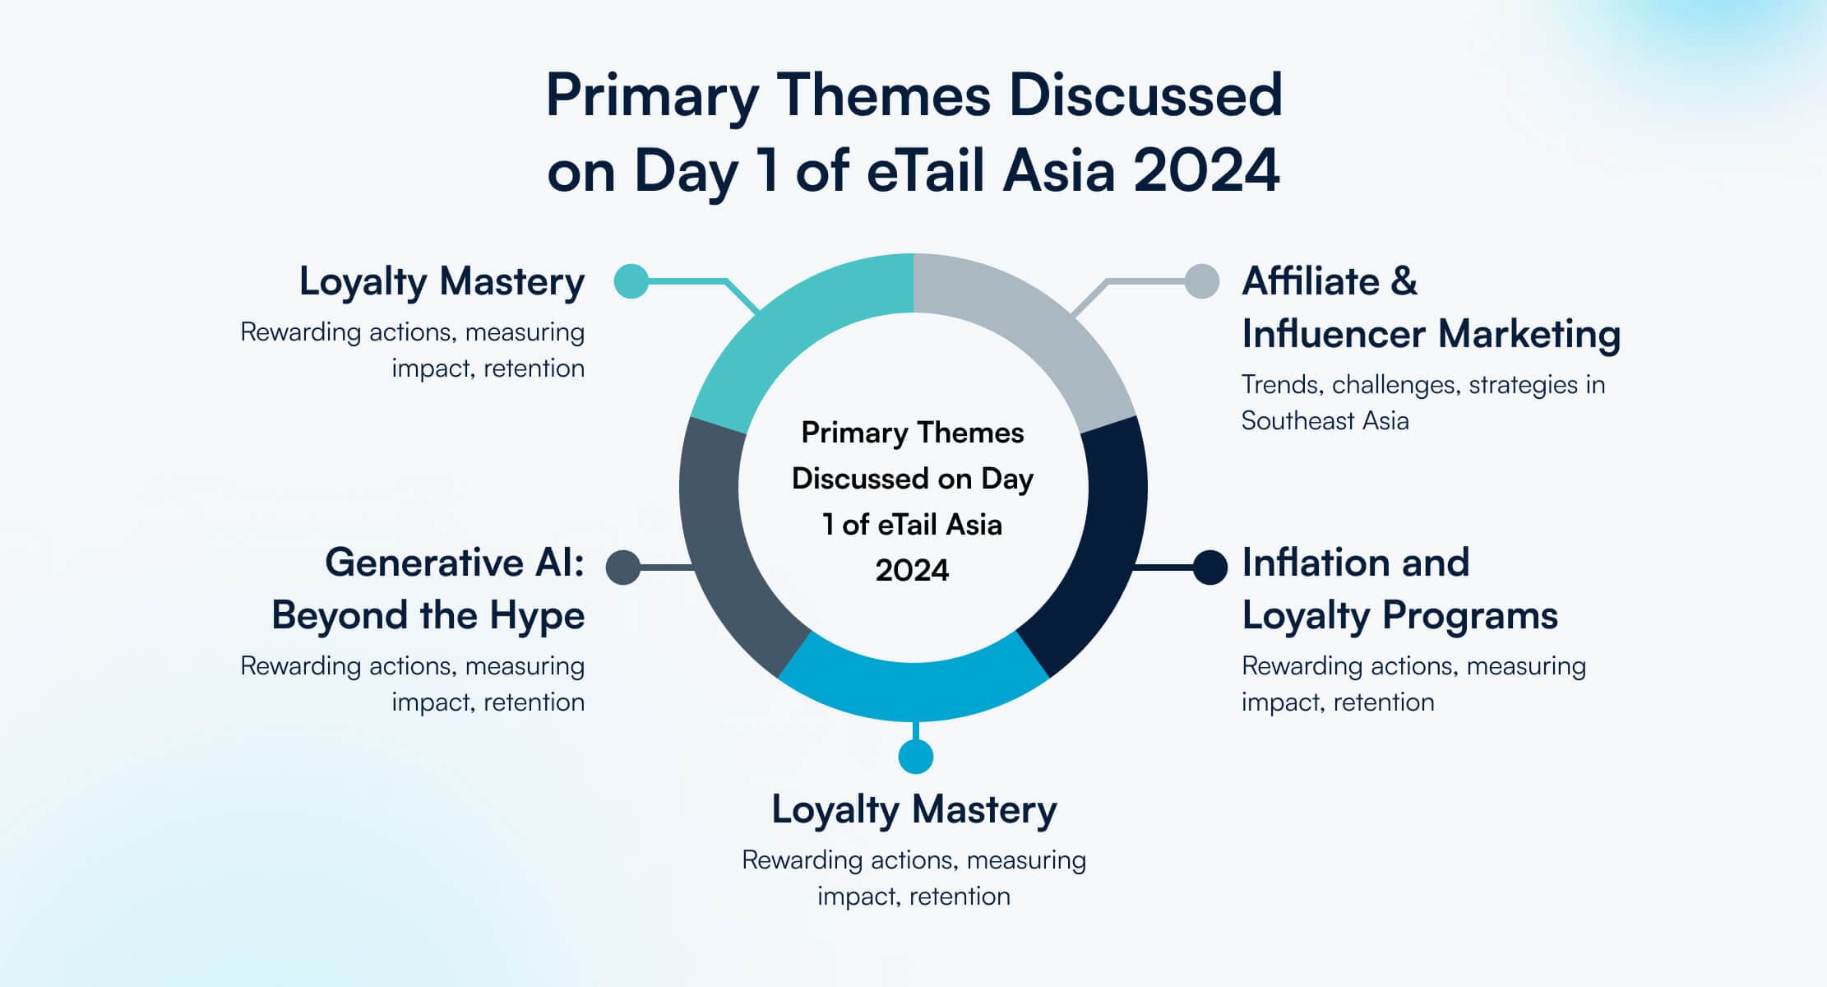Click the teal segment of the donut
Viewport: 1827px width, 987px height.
tap(781, 329)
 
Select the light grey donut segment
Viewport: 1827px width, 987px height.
tap(1044, 329)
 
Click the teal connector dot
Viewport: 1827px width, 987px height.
tap(631, 281)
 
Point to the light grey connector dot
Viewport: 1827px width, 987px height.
tap(1201, 281)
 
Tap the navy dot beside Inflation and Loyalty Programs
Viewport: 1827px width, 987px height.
tap(1210, 567)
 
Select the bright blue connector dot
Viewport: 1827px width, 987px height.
tap(915, 757)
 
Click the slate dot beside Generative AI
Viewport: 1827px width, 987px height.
tap(623, 568)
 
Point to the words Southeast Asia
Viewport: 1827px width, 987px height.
tap(1325, 421)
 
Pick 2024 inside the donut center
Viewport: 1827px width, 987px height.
tap(913, 571)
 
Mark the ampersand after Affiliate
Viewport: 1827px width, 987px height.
tap(1404, 282)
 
